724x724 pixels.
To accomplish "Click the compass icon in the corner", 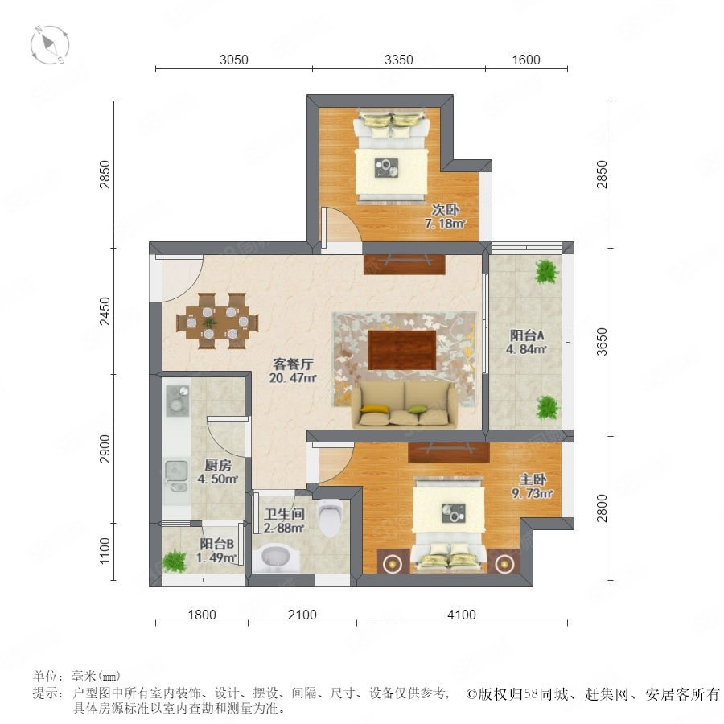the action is (x=50, y=45).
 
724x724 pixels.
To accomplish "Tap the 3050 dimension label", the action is (x=233, y=60).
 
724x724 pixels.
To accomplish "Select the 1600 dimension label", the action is (x=526, y=60).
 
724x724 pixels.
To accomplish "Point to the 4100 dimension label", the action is (x=462, y=615).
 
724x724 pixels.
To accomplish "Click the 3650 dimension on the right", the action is (x=602, y=342).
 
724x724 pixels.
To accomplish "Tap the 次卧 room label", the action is (x=445, y=210).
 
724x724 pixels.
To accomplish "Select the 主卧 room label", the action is (x=533, y=479).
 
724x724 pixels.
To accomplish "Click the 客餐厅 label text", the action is (x=293, y=364).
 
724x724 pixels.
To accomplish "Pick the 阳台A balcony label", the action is (x=527, y=335).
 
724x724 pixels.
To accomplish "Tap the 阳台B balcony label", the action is (x=216, y=544).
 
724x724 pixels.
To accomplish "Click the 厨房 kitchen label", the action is (x=218, y=465).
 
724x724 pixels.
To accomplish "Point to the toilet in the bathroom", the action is (x=331, y=517).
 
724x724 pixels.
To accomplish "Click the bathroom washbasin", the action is (x=276, y=557).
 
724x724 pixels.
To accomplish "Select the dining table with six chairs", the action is (x=217, y=321).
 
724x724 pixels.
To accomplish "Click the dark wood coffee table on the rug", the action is (x=402, y=350).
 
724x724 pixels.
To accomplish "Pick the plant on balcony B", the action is (x=175, y=560).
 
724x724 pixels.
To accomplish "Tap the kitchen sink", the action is (x=176, y=475).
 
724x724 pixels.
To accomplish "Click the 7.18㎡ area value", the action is (x=445, y=224).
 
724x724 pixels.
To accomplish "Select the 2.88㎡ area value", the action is (x=284, y=528).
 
